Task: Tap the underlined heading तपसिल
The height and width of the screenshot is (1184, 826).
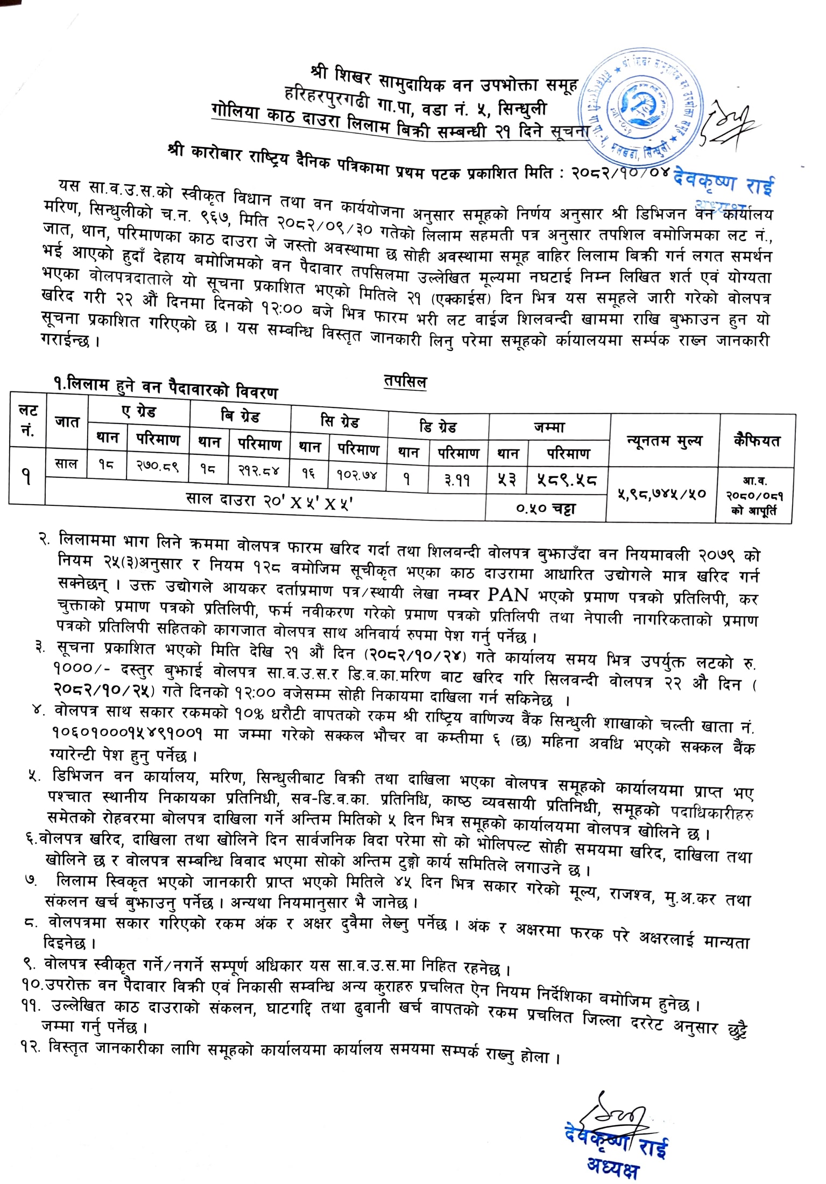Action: click(406, 382)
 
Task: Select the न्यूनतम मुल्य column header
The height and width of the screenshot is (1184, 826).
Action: click(663, 441)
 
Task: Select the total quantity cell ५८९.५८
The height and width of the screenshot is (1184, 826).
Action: click(568, 480)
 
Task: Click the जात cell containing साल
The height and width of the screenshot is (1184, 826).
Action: click(66, 464)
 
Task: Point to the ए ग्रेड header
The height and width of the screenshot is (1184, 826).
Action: click(138, 412)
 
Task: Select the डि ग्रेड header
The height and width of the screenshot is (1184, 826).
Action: click(437, 427)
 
